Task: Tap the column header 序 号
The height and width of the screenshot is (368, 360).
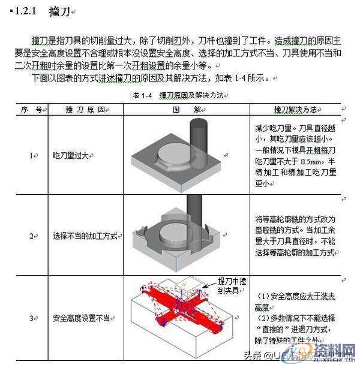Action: coord(31,110)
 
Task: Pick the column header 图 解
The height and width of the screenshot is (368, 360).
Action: coord(185,110)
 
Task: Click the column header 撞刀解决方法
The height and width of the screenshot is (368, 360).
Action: coord(295,110)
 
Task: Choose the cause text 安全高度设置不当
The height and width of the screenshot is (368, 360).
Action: coord(80,317)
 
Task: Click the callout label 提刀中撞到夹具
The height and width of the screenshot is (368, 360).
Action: coord(230,285)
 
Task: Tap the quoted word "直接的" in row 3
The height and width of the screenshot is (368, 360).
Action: coord(271,330)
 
